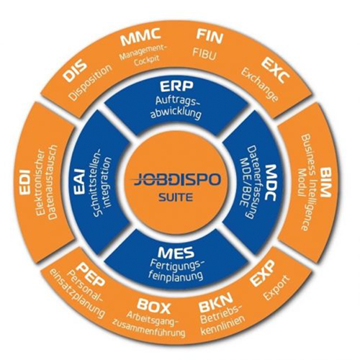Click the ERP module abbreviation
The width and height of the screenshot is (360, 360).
176,87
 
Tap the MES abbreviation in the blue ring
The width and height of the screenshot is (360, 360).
176,253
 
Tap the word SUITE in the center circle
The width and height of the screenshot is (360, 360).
176,197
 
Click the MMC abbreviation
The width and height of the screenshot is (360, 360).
140,37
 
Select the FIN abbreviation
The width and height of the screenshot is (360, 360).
210,37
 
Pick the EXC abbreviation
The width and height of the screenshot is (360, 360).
276,72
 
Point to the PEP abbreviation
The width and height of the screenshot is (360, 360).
92,274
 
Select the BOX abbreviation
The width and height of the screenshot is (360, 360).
154,306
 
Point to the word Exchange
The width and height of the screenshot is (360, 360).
260,85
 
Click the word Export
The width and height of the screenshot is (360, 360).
276,288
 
